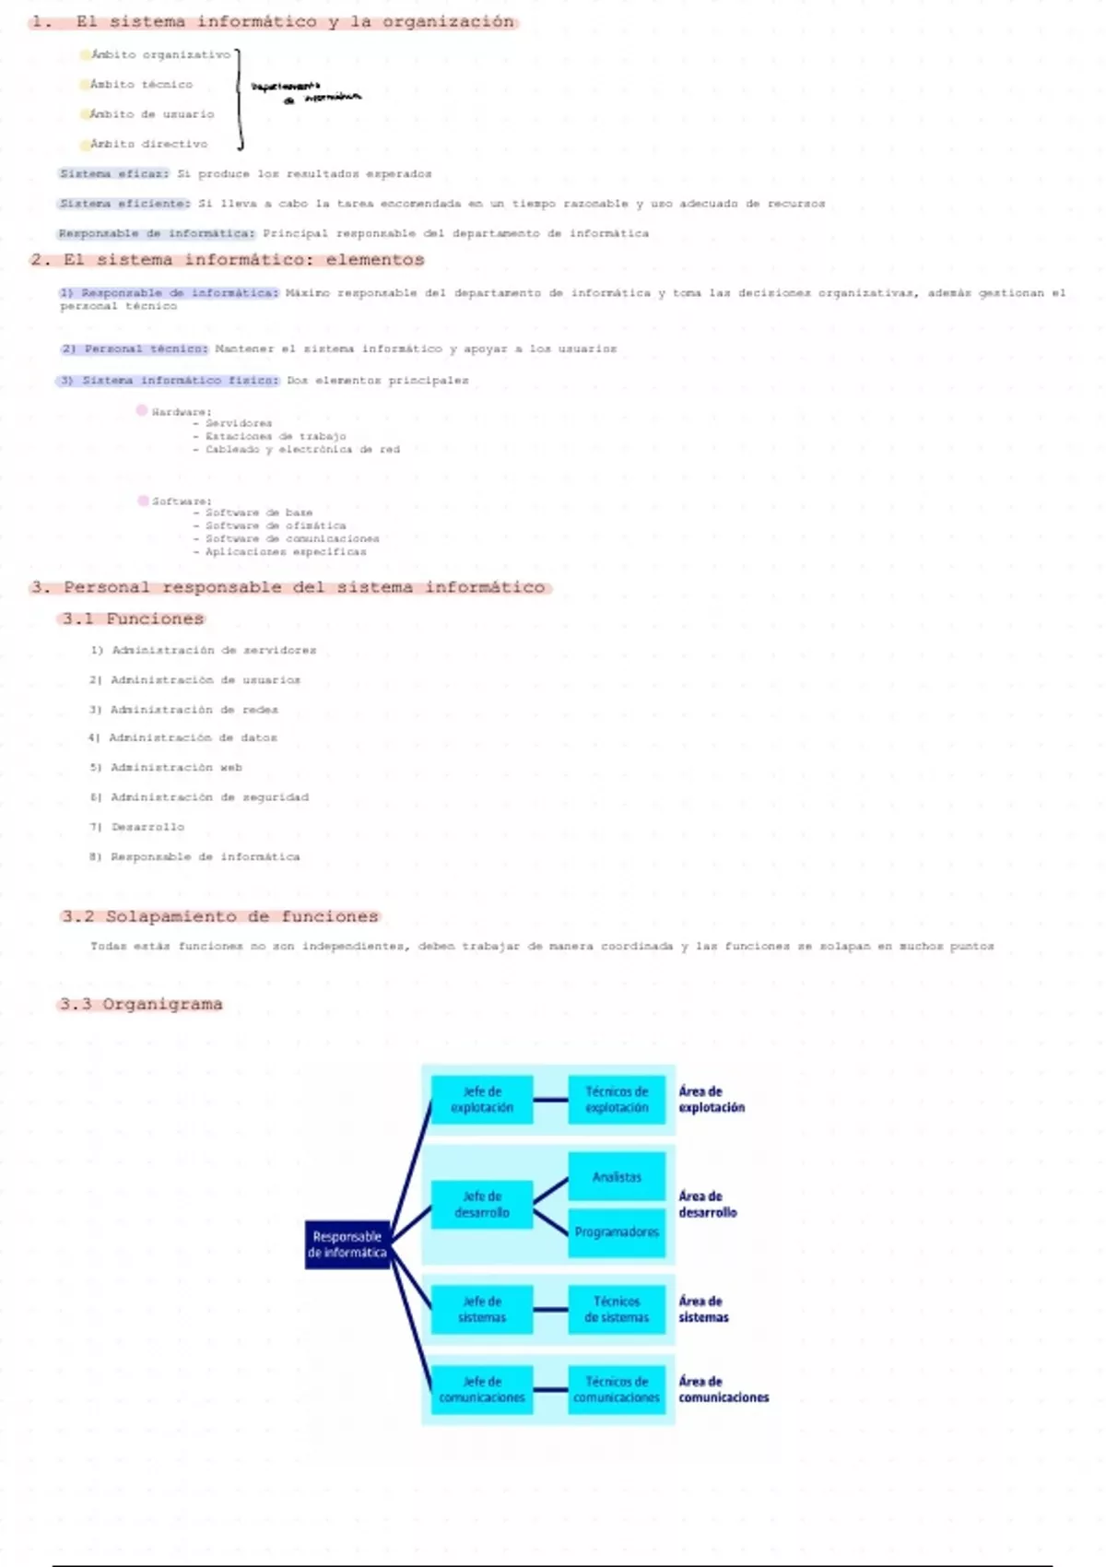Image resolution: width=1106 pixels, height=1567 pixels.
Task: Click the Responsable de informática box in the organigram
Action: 347,1244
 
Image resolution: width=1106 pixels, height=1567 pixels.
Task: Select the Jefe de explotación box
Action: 482,1100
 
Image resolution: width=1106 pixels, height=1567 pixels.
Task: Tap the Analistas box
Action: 617,1177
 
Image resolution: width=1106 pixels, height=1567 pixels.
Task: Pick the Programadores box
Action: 617,1232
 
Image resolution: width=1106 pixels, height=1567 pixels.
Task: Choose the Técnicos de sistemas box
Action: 617,1309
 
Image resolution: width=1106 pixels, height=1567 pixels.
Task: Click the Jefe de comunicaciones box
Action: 482,1389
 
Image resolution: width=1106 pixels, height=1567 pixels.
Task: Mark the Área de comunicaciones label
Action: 724,1389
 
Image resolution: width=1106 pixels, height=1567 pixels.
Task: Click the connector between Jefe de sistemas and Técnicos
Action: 550,1309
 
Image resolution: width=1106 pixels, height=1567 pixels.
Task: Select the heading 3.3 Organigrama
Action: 141,1004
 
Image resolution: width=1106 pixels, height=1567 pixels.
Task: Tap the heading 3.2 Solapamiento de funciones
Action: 220,916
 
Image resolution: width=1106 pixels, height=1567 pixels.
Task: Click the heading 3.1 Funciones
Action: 133,619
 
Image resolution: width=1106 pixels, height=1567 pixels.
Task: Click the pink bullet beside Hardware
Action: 142,410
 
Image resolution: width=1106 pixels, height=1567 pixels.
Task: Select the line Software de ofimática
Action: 275,525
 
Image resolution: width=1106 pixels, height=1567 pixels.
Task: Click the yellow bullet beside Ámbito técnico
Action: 85,85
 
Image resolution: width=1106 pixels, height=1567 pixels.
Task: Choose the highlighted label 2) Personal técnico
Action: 135,349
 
